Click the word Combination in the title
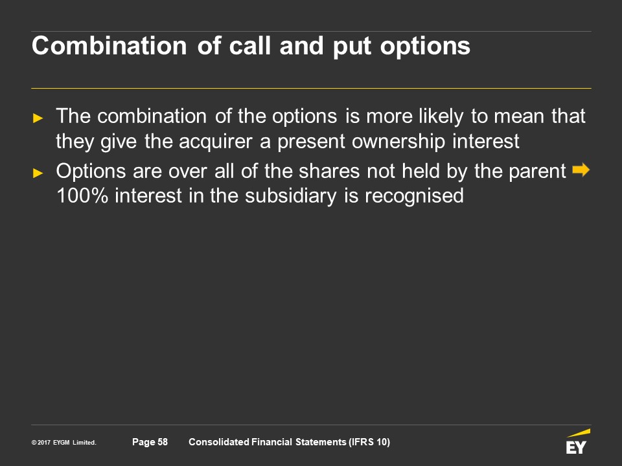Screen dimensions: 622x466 (x=109, y=45)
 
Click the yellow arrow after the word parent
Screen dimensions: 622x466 (x=581, y=170)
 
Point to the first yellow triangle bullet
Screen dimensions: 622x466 (x=38, y=118)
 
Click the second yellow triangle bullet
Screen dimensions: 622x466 (x=38, y=173)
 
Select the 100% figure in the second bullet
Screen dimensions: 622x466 (x=82, y=195)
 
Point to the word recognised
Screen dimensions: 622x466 (x=414, y=195)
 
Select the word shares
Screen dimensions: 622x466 (x=329, y=171)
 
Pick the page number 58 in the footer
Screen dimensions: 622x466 (x=163, y=442)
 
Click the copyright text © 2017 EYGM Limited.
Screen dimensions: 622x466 (x=64, y=443)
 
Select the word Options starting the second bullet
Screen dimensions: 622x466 (x=91, y=172)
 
